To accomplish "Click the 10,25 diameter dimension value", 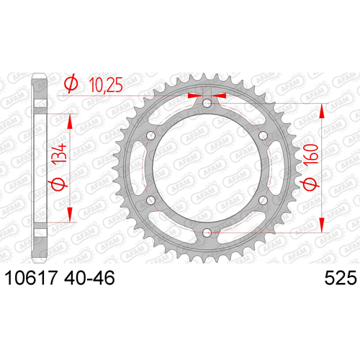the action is pos(106,85).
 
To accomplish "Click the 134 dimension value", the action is pos(59,154).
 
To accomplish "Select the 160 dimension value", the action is pos(311,154).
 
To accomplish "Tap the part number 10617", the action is pos(31,278).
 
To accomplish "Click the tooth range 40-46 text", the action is pos(89,278).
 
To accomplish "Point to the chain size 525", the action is pos(341,278).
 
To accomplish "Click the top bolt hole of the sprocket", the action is pos(207,104).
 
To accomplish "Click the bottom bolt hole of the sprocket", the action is pos(207,233).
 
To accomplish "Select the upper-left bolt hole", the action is pos(151,135).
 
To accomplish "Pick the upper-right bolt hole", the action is pos(263,135).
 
